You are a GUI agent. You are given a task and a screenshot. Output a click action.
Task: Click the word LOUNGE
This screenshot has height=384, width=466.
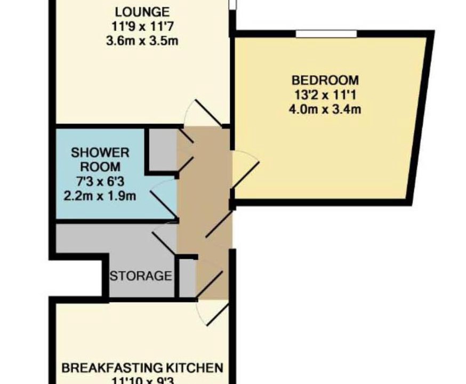(x=142, y=12)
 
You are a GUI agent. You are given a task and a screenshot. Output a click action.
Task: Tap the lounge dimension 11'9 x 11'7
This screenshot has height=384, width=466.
(x=142, y=27)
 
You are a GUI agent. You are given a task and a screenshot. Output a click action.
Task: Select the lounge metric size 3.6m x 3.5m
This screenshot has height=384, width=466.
(x=142, y=41)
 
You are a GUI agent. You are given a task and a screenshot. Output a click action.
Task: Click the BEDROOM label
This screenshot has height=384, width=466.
(x=325, y=80)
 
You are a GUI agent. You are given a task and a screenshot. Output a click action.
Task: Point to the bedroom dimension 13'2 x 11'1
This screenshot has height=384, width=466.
(x=325, y=95)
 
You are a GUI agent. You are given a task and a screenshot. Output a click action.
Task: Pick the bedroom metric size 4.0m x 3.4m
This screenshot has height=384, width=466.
(x=325, y=109)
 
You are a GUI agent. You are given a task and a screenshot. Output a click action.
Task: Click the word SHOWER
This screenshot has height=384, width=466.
(x=100, y=153)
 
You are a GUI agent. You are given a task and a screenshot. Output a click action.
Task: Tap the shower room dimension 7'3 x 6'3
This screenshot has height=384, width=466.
(x=100, y=181)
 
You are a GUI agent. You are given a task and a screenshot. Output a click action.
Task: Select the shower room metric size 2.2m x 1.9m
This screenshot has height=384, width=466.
(x=100, y=196)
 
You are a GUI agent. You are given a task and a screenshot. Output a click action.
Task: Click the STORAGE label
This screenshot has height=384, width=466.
(x=141, y=276)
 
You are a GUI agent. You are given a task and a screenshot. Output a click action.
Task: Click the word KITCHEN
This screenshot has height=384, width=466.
(x=194, y=368)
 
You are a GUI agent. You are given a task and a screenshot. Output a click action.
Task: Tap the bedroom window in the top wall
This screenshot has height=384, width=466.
(x=326, y=34)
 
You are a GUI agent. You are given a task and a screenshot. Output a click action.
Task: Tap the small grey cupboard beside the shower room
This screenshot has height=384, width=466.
(x=163, y=149)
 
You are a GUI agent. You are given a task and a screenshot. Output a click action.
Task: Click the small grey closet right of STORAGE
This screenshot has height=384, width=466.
(x=188, y=278)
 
